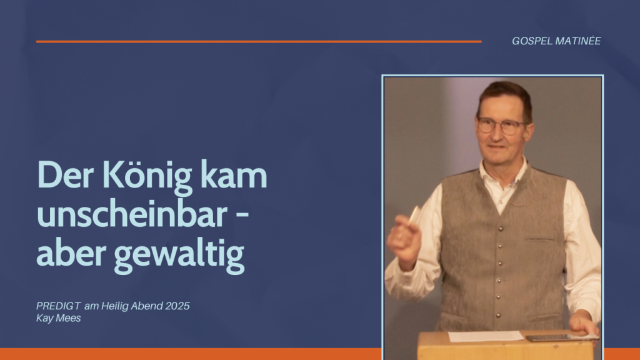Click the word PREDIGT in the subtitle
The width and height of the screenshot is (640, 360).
(58, 306)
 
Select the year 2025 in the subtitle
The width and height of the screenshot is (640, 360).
(177, 306)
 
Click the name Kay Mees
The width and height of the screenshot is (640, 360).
(58, 318)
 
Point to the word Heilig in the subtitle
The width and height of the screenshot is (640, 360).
(114, 306)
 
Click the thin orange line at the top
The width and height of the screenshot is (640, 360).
(259, 42)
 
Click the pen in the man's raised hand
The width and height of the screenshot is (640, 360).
(414, 216)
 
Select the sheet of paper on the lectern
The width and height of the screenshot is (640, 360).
(485, 336)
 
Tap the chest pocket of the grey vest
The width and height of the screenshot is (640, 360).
(539, 238)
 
